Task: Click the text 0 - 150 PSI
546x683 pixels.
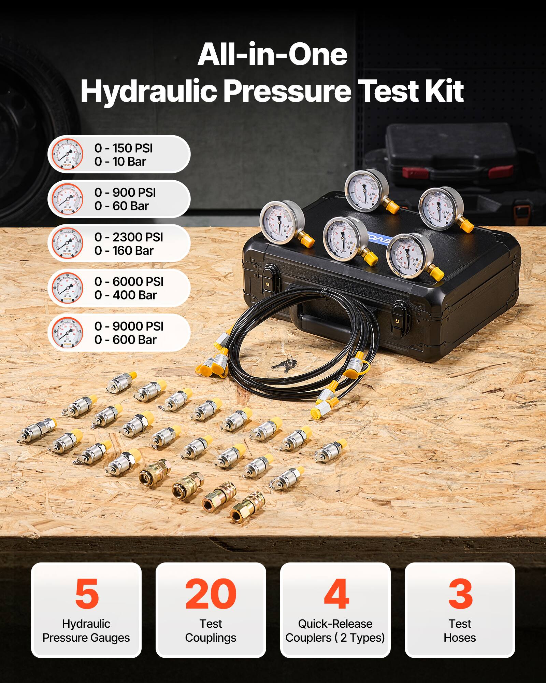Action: (124, 148)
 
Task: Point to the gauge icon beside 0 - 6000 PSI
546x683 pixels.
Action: (68, 288)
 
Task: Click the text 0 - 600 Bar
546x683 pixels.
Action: (125, 340)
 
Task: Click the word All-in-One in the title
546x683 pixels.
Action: (272, 55)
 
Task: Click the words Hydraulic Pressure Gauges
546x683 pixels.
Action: (86, 631)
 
